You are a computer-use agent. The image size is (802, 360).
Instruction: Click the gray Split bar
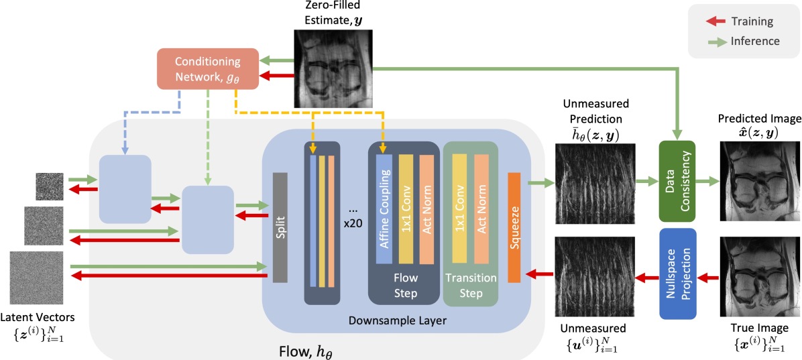(280, 227)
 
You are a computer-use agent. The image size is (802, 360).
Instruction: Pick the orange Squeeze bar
(514, 227)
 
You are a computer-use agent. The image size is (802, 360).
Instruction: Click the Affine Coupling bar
(384, 208)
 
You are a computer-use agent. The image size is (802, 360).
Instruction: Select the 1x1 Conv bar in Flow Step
(407, 208)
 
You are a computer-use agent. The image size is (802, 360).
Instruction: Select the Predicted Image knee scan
(758, 181)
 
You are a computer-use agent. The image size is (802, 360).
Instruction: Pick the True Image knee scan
(758, 277)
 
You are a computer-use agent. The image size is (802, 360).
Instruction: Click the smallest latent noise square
(50, 186)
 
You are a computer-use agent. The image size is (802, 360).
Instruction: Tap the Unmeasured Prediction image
(595, 183)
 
